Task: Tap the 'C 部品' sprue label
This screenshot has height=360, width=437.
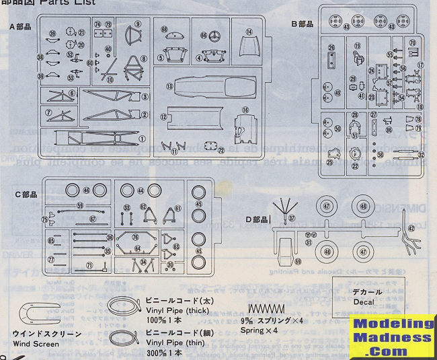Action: pos(26,194)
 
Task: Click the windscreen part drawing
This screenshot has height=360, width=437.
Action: pos(40,314)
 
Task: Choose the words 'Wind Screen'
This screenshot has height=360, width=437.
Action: pos(38,343)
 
